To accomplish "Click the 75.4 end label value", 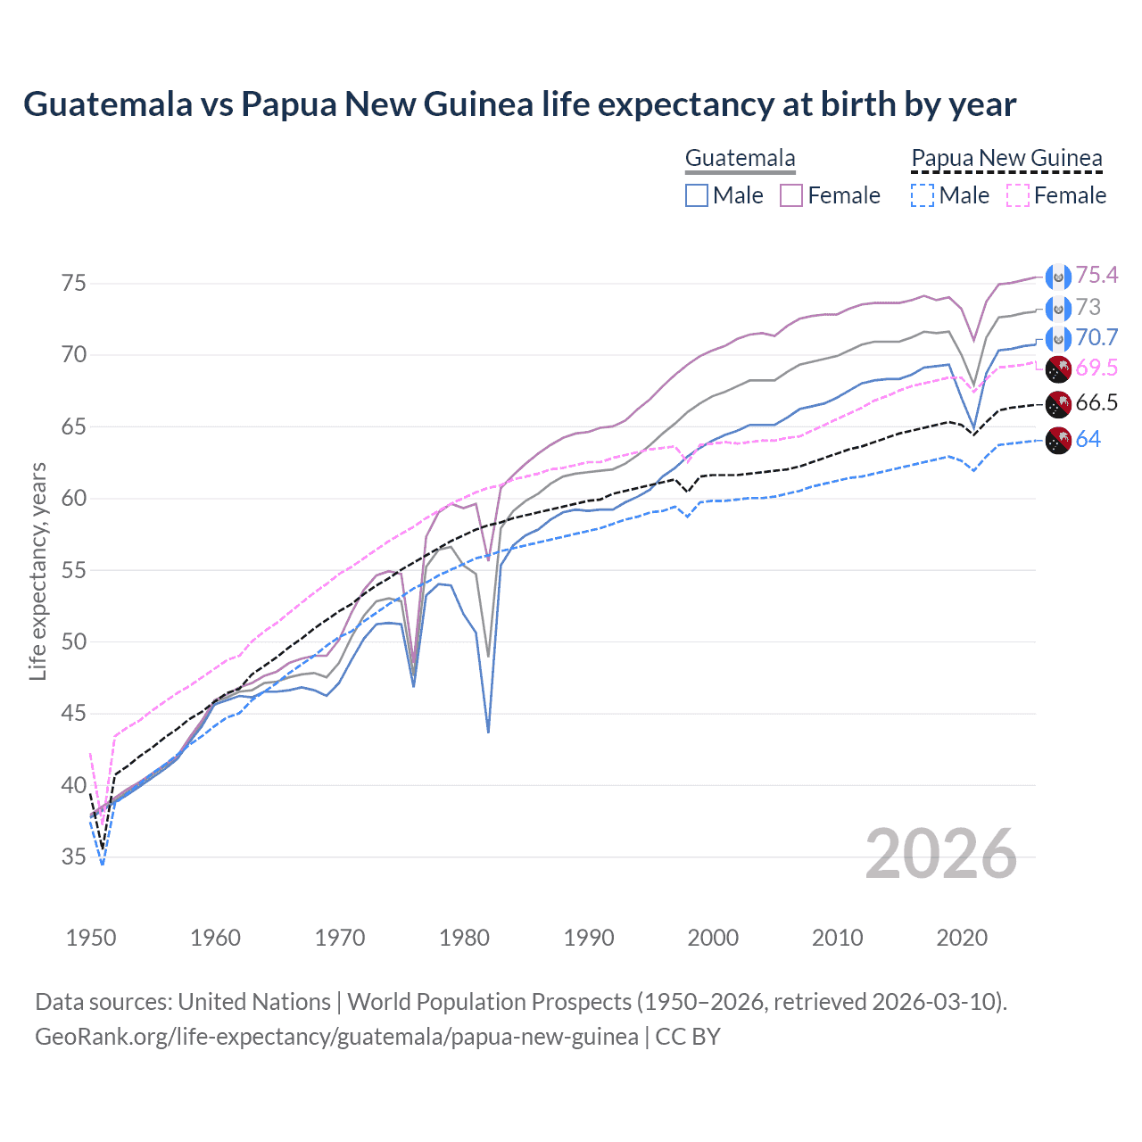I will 1096,276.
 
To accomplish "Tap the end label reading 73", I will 1088,308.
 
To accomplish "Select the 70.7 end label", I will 1096,338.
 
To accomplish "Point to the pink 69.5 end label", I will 1096,368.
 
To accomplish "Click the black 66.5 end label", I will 1096,403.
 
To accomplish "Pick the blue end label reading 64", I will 1088,440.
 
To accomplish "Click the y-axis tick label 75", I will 74,284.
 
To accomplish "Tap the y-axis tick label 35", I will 74,857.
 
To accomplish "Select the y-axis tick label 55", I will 74,570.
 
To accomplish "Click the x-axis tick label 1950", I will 91,938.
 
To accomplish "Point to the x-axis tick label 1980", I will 464,938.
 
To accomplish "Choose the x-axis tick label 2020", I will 962,938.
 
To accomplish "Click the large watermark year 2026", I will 940,854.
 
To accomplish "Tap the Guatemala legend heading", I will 740,159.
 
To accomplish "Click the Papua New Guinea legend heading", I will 1006,159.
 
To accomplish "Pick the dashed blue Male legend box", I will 923,195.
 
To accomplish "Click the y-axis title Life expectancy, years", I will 37,571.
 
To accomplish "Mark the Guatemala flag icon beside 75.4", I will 1058,277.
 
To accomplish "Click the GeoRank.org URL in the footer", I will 336,1037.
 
